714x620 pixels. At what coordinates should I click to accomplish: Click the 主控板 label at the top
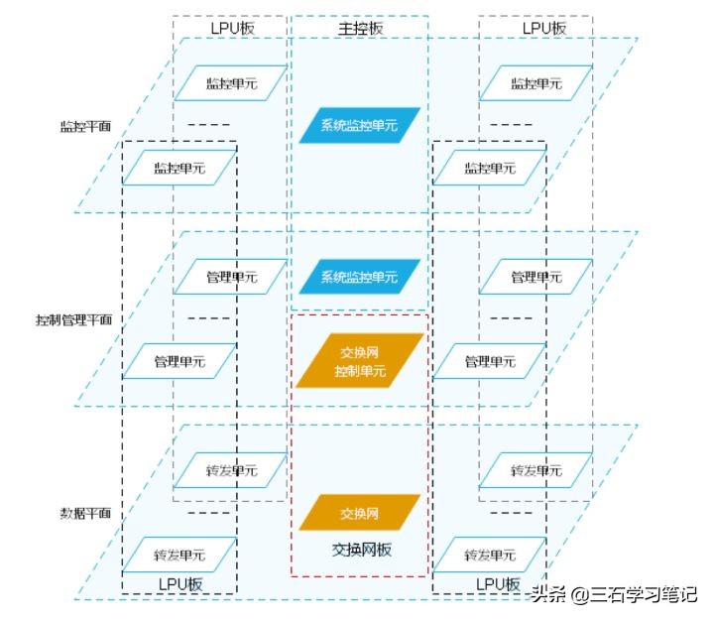tap(360, 28)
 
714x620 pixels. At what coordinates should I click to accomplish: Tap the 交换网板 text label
tap(361, 549)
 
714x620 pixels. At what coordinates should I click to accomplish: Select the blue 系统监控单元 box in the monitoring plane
tap(360, 126)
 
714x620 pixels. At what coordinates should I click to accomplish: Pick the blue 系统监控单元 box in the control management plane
tap(360, 277)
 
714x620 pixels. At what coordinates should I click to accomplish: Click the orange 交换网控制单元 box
tap(360, 361)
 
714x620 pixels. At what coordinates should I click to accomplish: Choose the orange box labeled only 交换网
tap(360, 513)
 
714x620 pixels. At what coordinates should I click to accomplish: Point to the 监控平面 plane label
tap(84, 127)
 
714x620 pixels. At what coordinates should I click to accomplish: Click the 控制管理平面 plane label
tap(73, 320)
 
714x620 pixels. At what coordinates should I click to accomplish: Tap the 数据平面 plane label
tap(84, 513)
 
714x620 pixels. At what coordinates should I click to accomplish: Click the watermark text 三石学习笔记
tap(643, 595)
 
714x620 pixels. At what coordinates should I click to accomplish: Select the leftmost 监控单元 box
tap(179, 169)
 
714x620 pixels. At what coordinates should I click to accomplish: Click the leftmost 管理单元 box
tap(179, 362)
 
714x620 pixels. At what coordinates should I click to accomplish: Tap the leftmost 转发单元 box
tap(179, 555)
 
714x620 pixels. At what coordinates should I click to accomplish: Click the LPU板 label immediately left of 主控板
tap(232, 28)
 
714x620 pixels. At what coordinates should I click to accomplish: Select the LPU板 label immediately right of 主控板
tap(544, 28)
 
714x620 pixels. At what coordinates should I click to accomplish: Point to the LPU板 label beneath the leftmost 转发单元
tap(179, 584)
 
